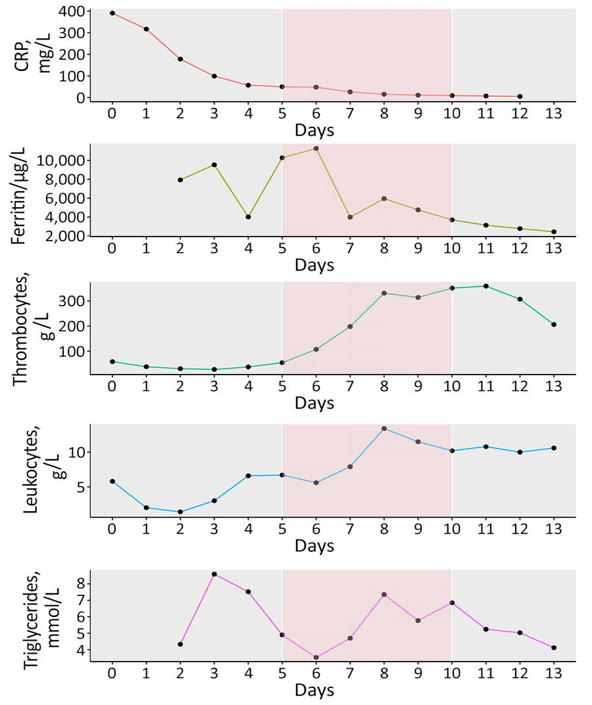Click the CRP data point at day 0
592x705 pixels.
[x=112, y=13]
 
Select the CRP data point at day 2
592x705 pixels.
[x=180, y=59]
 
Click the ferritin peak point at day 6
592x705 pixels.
[x=316, y=148]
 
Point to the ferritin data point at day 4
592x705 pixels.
[x=248, y=217]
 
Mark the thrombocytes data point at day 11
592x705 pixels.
[x=486, y=286]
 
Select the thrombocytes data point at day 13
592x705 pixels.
[x=554, y=325]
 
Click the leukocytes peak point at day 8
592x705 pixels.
[x=384, y=428]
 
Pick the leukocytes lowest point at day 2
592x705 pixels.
[x=180, y=512]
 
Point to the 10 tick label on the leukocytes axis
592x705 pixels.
[x=76, y=453]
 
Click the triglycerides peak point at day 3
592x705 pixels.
[x=214, y=574]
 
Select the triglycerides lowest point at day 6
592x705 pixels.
[x=316, y=657]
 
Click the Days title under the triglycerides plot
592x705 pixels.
[x=314, y=691]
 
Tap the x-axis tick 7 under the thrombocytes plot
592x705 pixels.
[x=350, y=386]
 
